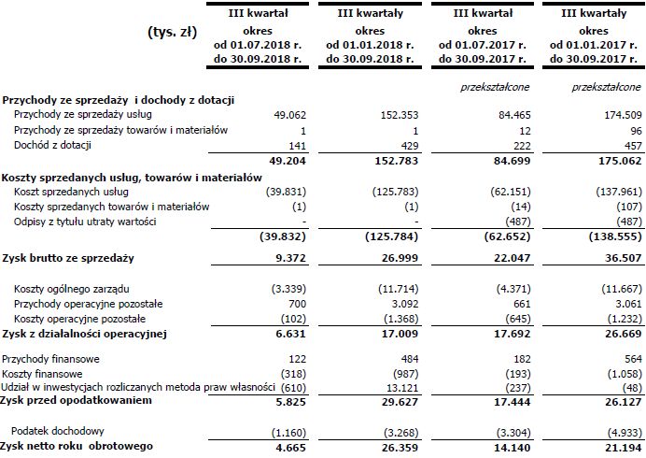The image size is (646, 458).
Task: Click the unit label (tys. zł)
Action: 172,32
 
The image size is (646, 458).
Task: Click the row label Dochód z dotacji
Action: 53,144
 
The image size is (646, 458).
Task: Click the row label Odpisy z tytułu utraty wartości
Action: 85,222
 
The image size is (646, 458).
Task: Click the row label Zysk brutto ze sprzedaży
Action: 68,257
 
